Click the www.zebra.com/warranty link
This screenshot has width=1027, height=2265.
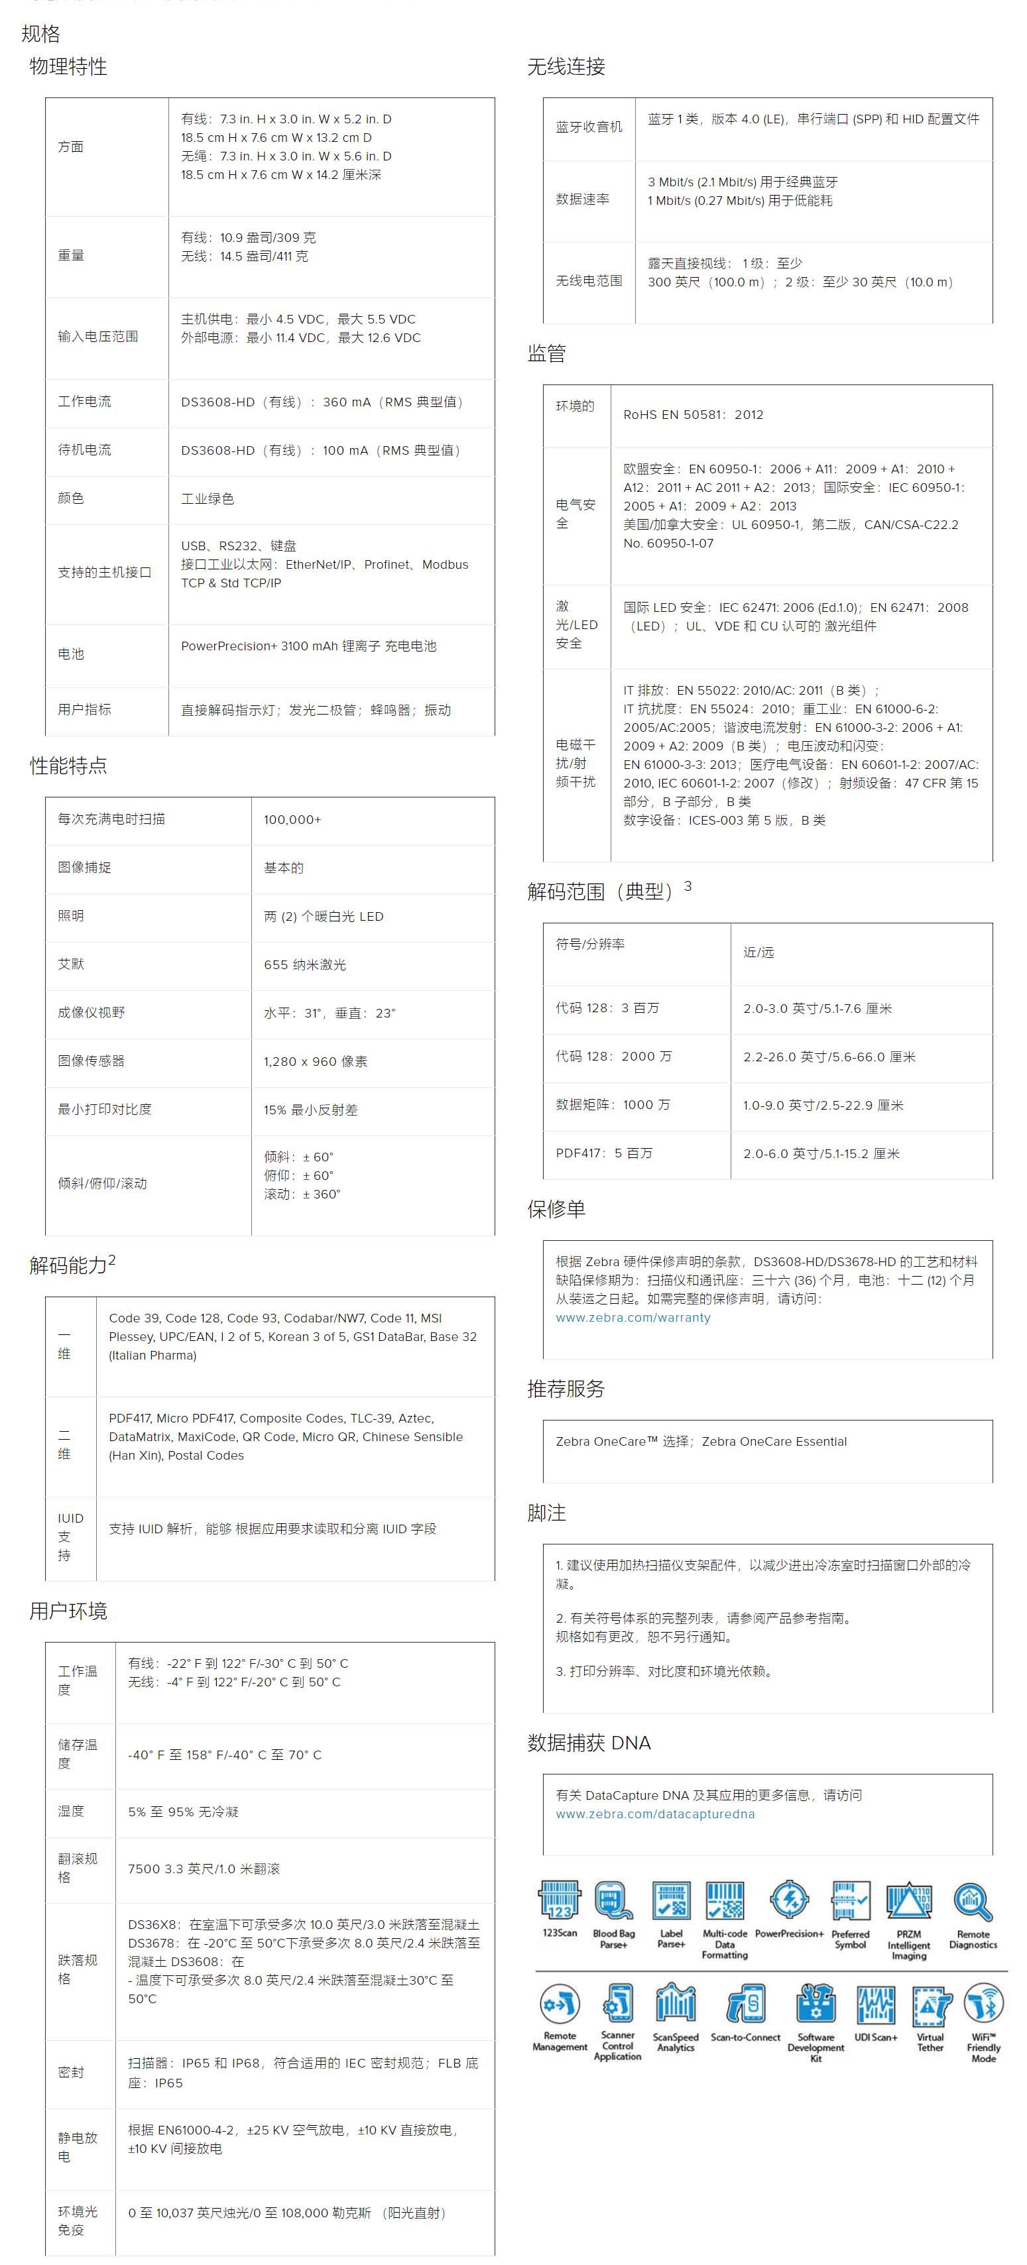pyautogui.click(x=633, y=1317)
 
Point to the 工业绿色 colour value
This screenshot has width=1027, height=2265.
pyautogui.click(x=208, y=498)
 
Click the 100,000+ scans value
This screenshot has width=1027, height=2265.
pyautogui.click(x=292, y=819)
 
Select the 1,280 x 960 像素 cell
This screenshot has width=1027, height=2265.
pyautogui.click(x=316, y=1061)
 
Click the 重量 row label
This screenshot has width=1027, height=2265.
pyautogui.click(x=71, y=255)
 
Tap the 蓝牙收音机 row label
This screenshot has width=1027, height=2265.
pyautogui.click(x=588, y=127)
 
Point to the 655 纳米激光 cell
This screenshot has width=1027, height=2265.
pyautogui.click(x=304, y=964)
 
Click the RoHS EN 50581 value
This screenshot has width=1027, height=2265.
pyautogui.click(x=693, y=414)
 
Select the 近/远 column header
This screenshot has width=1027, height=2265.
pyautogui.click(x=758, y=953)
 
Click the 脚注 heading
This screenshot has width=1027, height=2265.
pyautogui.click(x=546, y=1513)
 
